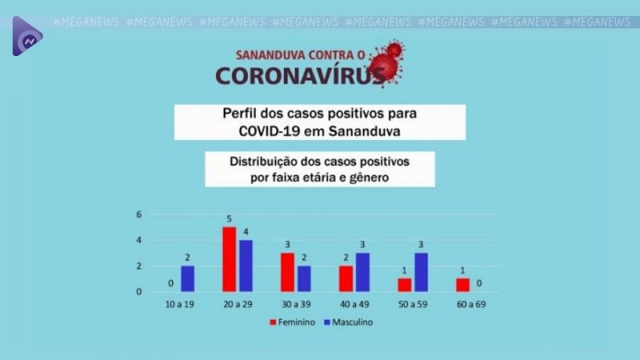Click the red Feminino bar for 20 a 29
coord(229,259)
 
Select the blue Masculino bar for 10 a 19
coord(188,278)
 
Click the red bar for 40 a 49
coord(346,278)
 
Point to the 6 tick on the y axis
coord(138,214)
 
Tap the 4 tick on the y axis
coord(138,240)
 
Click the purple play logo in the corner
coord(26,36)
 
